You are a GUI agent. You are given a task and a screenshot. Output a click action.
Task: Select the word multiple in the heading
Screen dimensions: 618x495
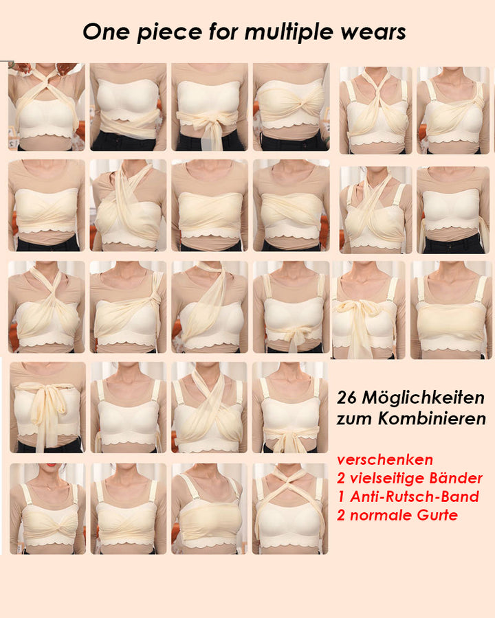click(x=298, y=32)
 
